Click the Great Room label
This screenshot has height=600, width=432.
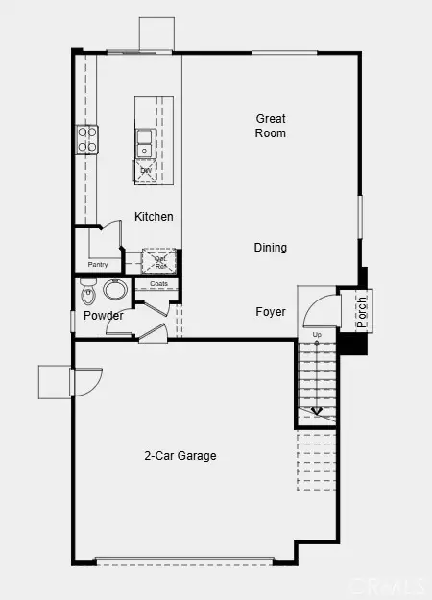(271, 126)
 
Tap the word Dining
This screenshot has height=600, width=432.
(271, 248)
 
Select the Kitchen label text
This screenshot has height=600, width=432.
(154, 217)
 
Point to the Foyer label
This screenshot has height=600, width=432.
(271, 312)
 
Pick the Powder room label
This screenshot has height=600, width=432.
(103, 316)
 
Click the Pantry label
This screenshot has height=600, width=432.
(98, 264)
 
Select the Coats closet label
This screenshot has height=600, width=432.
(158, 284)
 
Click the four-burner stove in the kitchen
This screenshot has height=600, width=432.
(87, 140)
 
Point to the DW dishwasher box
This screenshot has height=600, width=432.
(146, 170)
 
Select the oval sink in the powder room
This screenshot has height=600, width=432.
(116, 291)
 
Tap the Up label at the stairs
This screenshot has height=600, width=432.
(317, 335)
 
